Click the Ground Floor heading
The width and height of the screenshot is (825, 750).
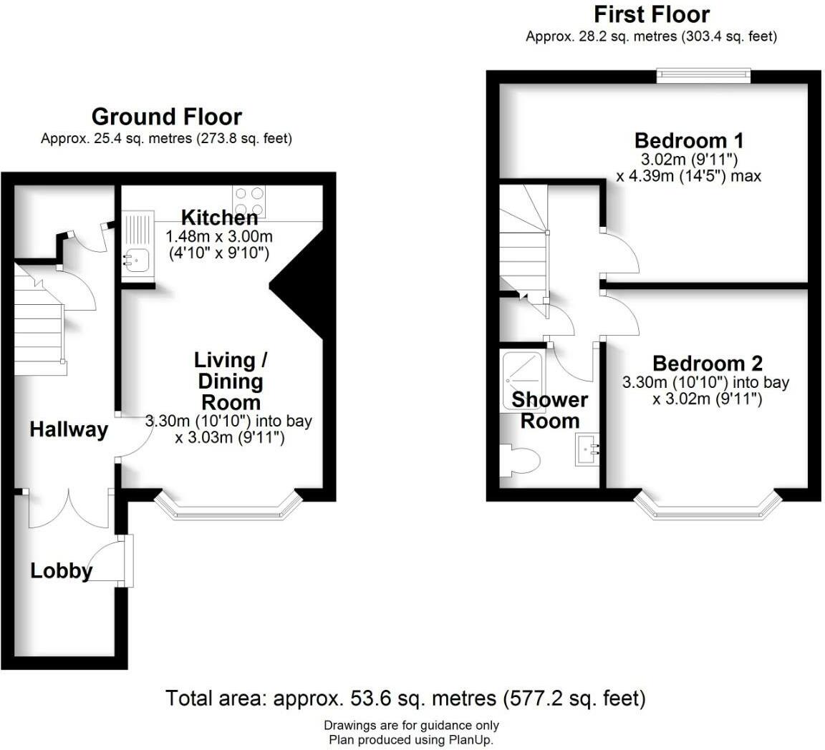tap(166, 117)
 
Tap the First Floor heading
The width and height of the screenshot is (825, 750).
tap(651, 14)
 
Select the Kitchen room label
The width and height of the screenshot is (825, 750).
tap(219, 218)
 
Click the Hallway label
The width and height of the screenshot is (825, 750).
tap(69, 429)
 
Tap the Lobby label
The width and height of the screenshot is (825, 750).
tap(62, 571)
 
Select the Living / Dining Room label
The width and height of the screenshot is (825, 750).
tap(229, 381)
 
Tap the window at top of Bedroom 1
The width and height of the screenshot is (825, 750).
tap(704, 75)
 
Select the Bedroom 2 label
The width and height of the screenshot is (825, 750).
tap(707, 364)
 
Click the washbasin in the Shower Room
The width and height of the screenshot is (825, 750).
tap(587, 451)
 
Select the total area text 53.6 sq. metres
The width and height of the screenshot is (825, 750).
tap(405, 698)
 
